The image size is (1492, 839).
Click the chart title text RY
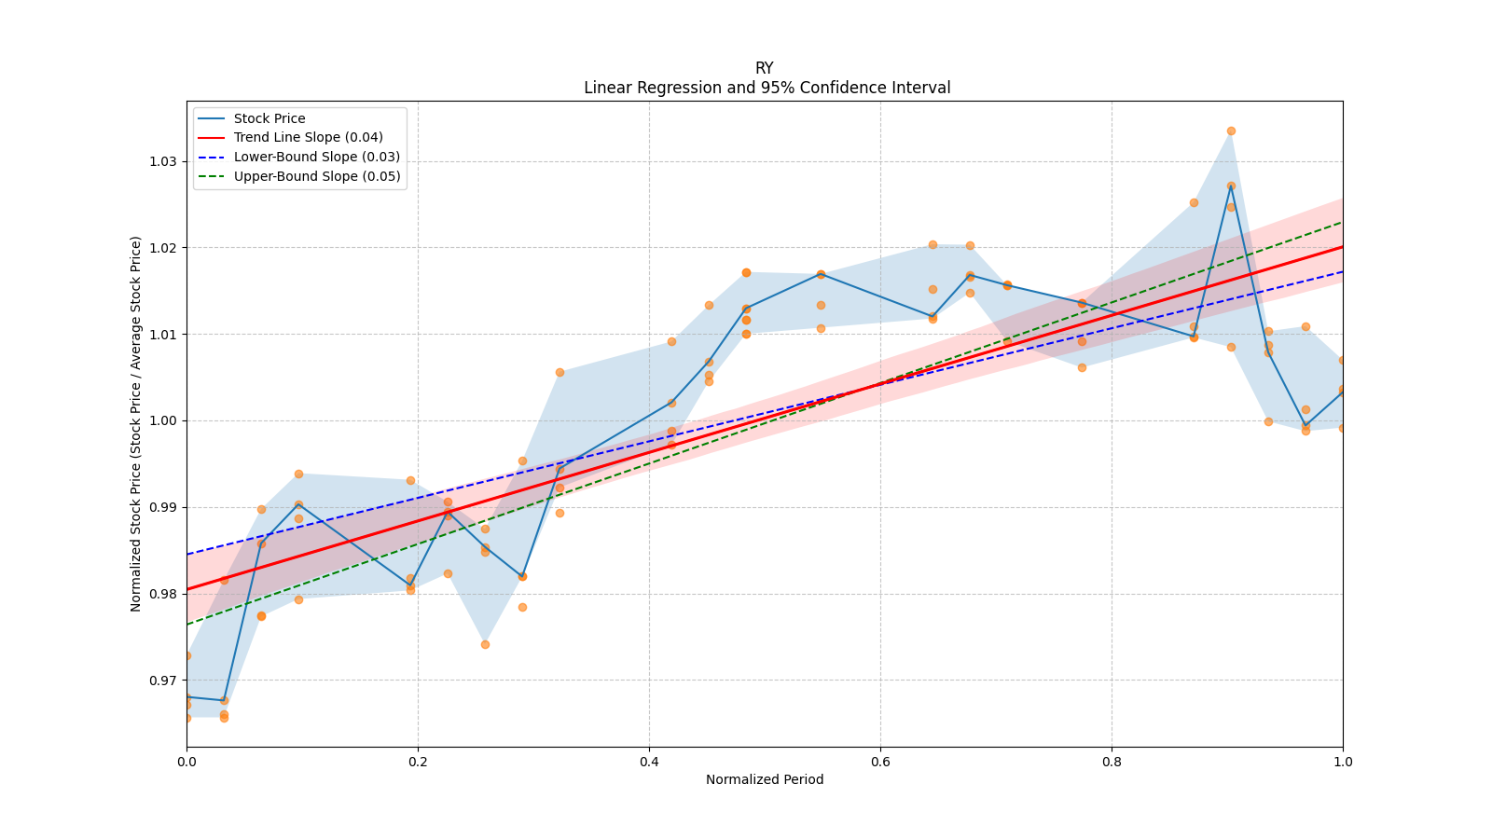tap(764, 68)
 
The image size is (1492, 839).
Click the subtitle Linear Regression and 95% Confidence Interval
tap(767, 88)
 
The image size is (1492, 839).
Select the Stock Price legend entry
tap(269, 118)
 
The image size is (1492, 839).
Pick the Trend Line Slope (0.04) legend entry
tap(308, 138)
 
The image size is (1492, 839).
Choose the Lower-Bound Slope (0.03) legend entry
tap(316, 157)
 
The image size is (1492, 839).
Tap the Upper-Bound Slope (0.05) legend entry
tap(317, 176)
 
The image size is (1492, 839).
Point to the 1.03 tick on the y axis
tap(162, 161)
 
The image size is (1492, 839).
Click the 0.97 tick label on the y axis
tap(162, 681)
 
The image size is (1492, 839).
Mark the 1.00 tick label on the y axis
tap(162, 420)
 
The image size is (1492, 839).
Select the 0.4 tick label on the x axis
tap(649, 762)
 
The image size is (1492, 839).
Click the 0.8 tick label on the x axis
tap(1112, 762)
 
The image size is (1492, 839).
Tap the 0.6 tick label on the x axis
tap(880, 762)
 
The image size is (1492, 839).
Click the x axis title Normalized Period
tap(765, 779)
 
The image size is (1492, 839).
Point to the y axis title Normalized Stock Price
tap(136, 423)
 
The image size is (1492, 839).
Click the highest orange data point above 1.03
tap(1231, 131)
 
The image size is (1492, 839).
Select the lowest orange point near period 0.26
tap(485, 644)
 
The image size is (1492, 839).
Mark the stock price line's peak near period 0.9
tap(1231, 186)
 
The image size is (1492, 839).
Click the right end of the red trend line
tap(1342, 246)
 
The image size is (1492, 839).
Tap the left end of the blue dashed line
tap(187, 555)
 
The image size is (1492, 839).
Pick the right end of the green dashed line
tap(1342, 222)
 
